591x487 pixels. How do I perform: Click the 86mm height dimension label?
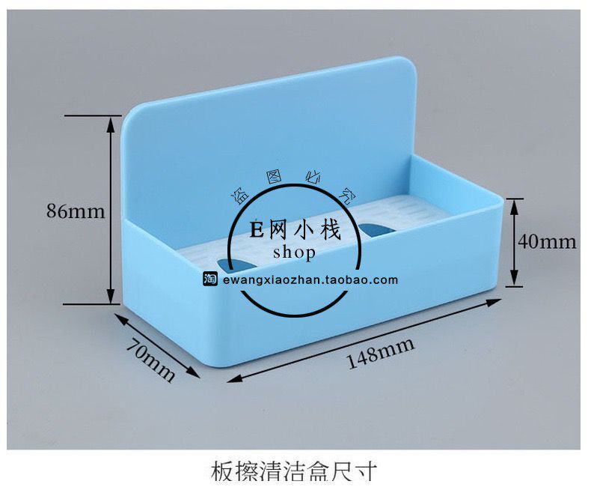[76, 211]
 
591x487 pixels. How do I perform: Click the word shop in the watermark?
[294, 252]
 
